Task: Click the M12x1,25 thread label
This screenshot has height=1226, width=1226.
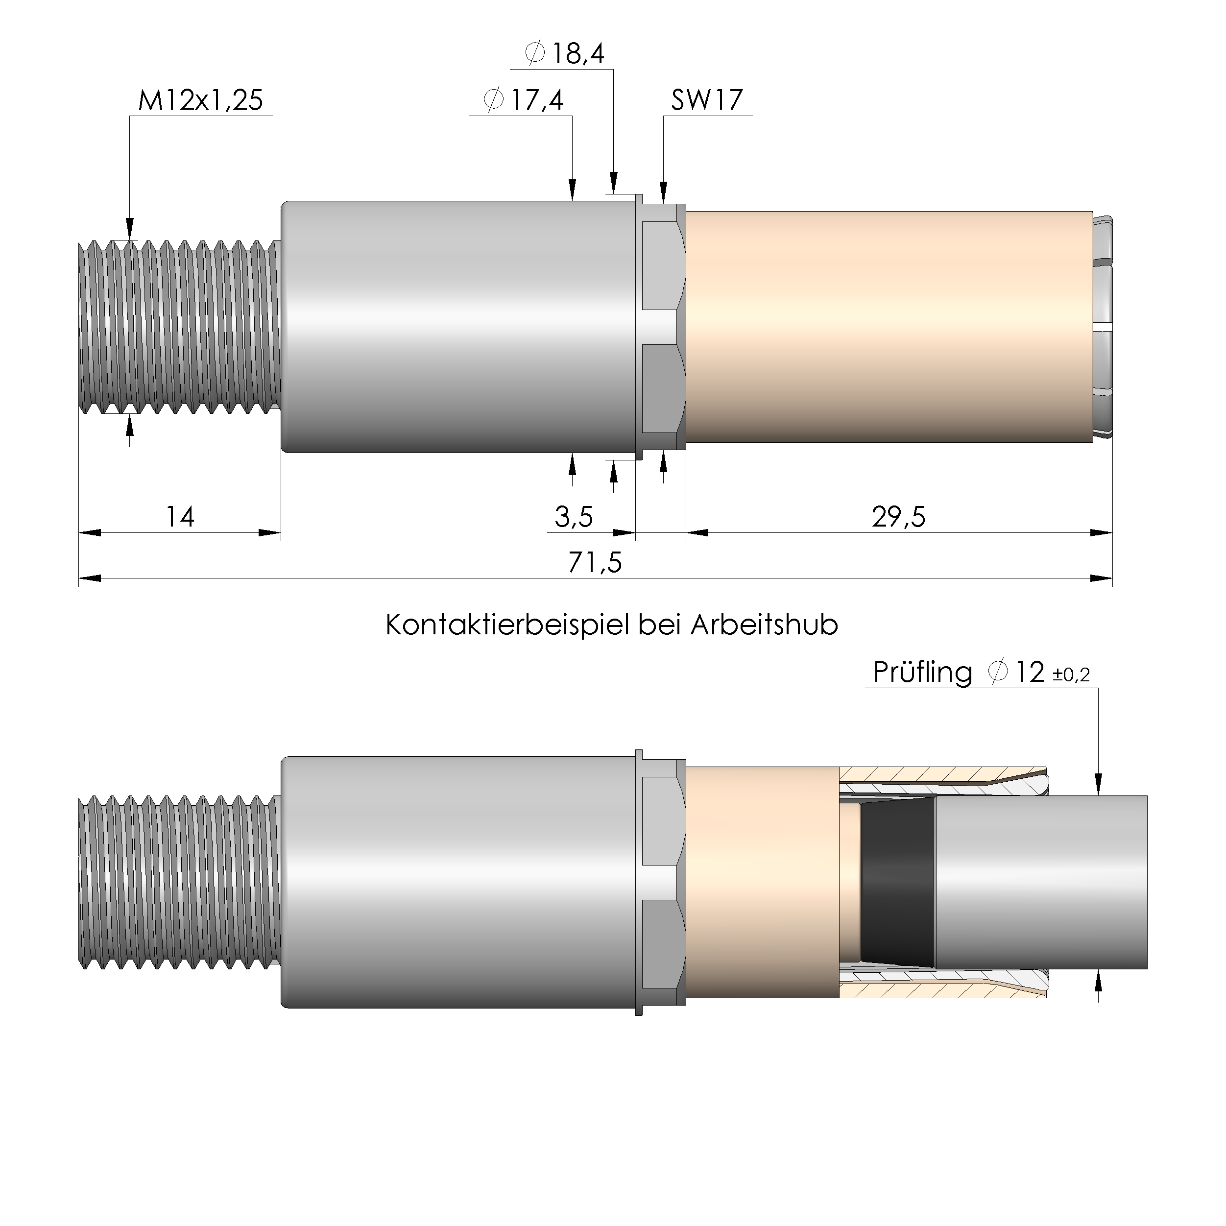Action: click(x=200, y=100)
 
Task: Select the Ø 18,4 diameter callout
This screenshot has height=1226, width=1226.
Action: click(x=564, y=53)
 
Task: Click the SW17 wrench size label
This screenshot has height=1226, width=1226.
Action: click(x=706, y=100)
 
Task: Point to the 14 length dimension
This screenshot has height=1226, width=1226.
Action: click(x=180, y=517)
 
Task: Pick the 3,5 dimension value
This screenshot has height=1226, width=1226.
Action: click(x=573, y=517)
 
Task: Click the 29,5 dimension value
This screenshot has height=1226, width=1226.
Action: click(x=898, y=517)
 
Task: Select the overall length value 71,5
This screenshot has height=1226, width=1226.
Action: click(x=595, y=562)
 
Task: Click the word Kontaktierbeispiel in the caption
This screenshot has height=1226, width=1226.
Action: click(x=507, y=625)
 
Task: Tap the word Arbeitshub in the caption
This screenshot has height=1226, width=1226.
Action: click(x=764, y=625)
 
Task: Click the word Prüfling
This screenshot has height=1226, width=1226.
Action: click(x=922, y=673)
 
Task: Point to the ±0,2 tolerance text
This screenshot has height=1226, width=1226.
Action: click(x=1071, y=675)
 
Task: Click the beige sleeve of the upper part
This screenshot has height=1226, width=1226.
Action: click(x=889, y=327)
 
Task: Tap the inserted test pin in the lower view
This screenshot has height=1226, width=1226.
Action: click(x=1041, y=882)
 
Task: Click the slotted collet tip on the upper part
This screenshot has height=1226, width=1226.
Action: click(x=1104, y=327)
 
